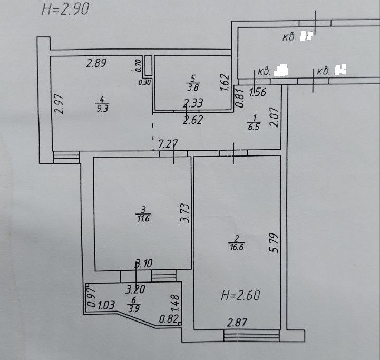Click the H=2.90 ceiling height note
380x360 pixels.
pyautogui.click(x=65, y=9)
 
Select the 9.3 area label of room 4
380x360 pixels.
pyautogui.click(x=103, y=110)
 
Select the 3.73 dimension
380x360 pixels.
pyautogui.click(x=184, y=213)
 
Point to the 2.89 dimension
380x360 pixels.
pyautogui.click(x=97, y=64)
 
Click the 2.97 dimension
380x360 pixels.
pyautogui.click(x=59, y=104)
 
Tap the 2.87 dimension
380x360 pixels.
pyautogui.click(x=237, y=322)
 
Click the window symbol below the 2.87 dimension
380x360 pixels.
pyautogui.click(x=251, y=335)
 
